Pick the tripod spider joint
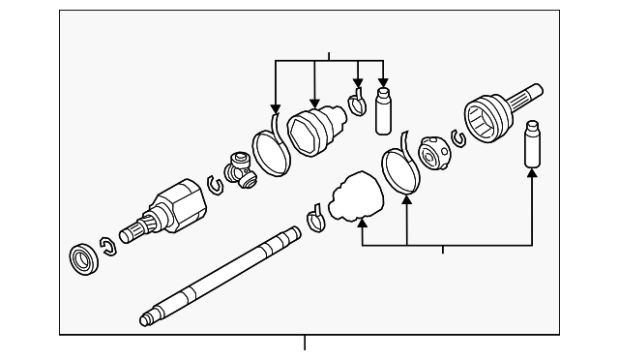click(239, 171)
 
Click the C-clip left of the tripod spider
click(216, 183)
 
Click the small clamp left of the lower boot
click(315, 222)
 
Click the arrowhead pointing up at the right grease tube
click(531, 174)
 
